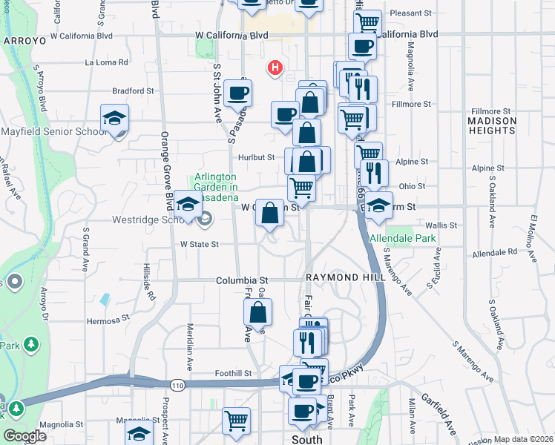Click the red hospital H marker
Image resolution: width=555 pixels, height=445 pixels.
(x=275, y=69)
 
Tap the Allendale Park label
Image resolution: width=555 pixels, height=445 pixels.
(x=402, y=238)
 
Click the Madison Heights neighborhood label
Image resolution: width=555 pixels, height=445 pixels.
(x=492, y=125)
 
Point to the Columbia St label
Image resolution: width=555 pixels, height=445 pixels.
(x=242, y=281)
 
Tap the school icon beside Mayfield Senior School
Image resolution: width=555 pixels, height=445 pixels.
(x=115, y=119)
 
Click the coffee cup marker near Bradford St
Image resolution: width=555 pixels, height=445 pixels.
(x=238, y=93)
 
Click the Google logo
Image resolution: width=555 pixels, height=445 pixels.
(x=24, y=436)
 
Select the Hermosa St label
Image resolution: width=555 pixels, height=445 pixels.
(x=109, y=322)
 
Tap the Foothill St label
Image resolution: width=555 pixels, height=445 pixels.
(x=234, y=374)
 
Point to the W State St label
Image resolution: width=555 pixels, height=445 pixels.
(x=199, y=243)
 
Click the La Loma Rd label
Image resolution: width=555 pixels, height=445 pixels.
(x=107, y=62)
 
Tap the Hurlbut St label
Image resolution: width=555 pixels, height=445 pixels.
(x=257, y=157)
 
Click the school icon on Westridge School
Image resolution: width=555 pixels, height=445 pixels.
(x=188, y=205)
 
